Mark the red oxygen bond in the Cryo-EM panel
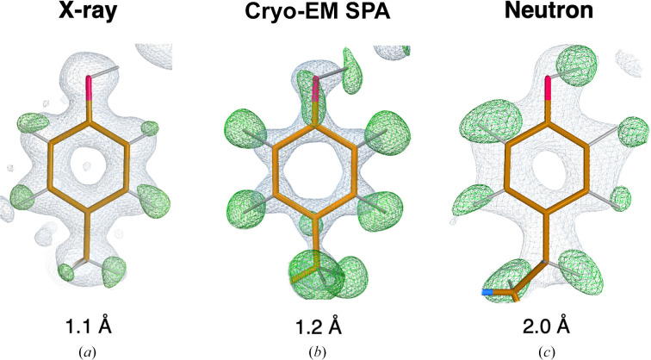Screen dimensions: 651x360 (317, 89)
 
